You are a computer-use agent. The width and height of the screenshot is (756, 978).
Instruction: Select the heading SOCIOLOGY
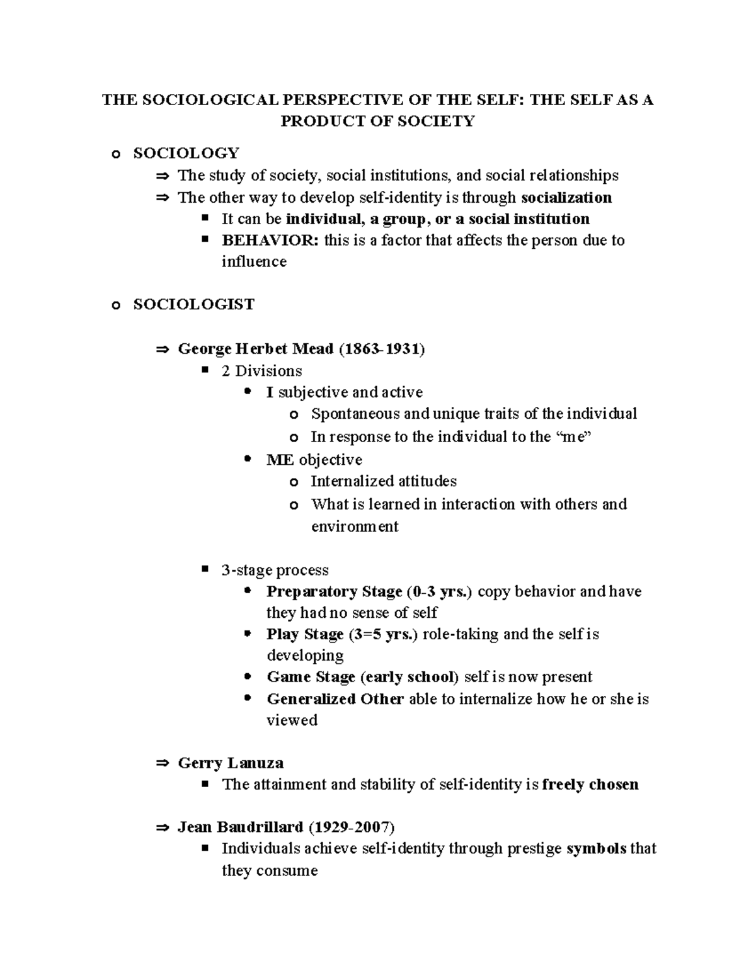(186, 153)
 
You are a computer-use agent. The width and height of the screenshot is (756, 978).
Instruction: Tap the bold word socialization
(566, 198)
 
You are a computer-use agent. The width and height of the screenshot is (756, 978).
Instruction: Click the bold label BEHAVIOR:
(270, 240)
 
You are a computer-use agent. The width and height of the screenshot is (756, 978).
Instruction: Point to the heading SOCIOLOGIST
(193, 304)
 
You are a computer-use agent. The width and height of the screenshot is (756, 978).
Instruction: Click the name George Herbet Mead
(255, 348)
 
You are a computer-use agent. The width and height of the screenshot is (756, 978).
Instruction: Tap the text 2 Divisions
(261, 371)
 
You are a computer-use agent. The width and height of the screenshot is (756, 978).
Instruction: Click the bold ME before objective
(280, 460)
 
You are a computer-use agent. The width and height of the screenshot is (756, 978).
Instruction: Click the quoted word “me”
(576, 437)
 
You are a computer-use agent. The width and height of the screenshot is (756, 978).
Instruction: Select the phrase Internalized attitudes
(384, 482)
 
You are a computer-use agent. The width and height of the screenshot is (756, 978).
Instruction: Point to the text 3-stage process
(275, 570)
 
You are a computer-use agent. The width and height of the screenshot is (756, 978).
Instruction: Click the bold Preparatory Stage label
(334, 592)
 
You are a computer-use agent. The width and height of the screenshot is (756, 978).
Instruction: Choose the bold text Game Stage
(311, 677)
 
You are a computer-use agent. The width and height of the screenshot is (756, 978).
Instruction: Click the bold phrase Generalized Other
(335, 699)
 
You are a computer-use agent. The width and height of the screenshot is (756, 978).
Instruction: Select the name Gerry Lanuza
(230, 763)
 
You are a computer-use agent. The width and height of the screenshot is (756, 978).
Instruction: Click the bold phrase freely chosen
(590, 785)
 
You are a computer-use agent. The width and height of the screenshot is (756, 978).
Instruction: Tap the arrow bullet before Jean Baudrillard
(163, 827)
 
